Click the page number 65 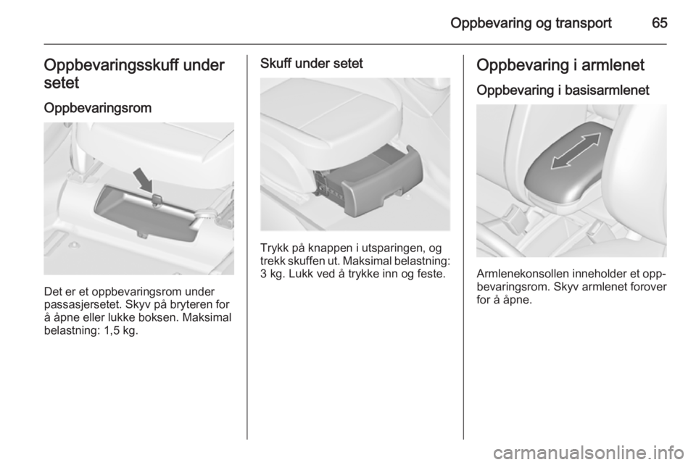click(x=660, y=22)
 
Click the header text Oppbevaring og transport click(x=531, y=23)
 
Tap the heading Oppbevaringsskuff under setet click(x=134, y=74)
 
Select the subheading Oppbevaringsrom click(x=98, y=108)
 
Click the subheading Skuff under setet click(x=312, y=64)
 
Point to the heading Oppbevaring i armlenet click(x=560, y=65)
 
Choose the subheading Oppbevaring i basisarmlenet click(x=563, y=91)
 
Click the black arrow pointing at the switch click(x=143, y=179)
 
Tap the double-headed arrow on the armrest click(x=576, y=151)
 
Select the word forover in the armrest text click(x=648, y=287)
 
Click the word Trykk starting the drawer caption click(x=274, y=248)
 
